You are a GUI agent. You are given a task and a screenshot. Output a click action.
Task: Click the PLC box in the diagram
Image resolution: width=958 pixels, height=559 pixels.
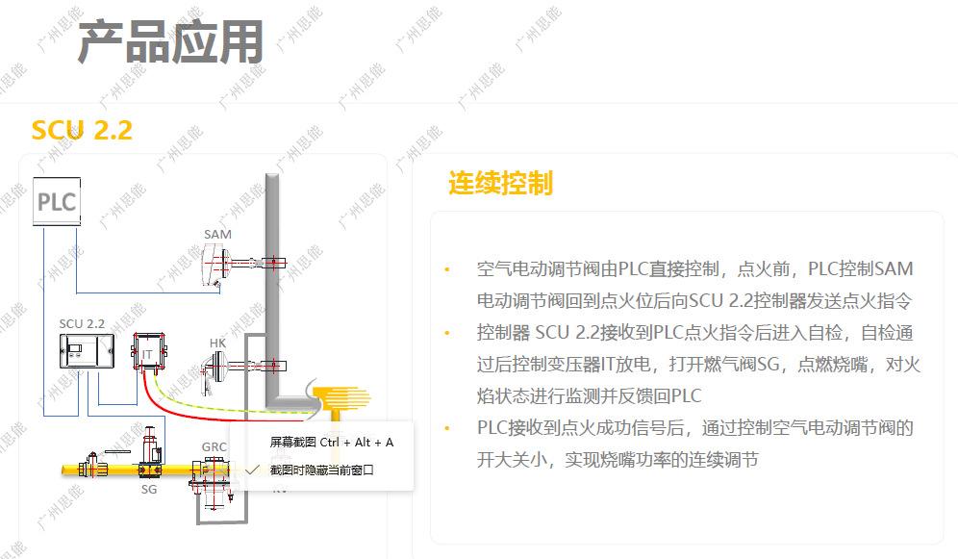pyautogui.click(x=56, y=204)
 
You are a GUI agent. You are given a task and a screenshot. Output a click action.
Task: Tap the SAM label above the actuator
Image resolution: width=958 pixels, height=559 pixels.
pyautogui.click(x=217, y=235)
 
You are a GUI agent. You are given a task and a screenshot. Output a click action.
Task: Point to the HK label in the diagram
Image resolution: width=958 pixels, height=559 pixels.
pyautogui.click(x=217, y=343)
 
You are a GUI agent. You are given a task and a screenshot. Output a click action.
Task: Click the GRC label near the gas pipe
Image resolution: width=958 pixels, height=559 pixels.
pyautogui.click(x=214, y=447)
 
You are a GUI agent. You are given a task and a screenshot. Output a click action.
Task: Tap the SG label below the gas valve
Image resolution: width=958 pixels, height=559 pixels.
pyautogui.click(x=149, y=489)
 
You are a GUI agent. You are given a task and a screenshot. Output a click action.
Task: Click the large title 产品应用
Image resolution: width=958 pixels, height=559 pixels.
pyautogui.click(x=170, y=42)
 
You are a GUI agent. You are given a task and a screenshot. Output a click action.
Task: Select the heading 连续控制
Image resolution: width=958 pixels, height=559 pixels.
pyautogui.click(x=500, y=183)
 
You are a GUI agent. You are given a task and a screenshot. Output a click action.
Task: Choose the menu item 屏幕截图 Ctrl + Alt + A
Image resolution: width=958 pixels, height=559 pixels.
pyautogui.click(x=331, y=443)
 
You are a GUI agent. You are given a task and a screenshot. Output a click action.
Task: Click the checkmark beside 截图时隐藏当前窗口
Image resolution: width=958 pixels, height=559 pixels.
pyautogui.click(x=253, y=470)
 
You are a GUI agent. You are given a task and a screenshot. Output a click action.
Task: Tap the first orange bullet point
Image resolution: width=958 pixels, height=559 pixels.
pyautogui.click(x=446, y=268)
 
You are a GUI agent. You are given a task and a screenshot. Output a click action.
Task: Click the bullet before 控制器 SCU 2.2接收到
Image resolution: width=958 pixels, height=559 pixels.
pyautogui.click(x=446, y=333)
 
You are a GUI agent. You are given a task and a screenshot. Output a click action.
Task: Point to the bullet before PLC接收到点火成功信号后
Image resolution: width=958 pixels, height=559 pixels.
pyautogui.click(x=446, y=428)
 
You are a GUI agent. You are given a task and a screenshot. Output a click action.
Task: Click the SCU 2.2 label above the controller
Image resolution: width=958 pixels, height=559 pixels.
pyautogui.click(x=82, y=324)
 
